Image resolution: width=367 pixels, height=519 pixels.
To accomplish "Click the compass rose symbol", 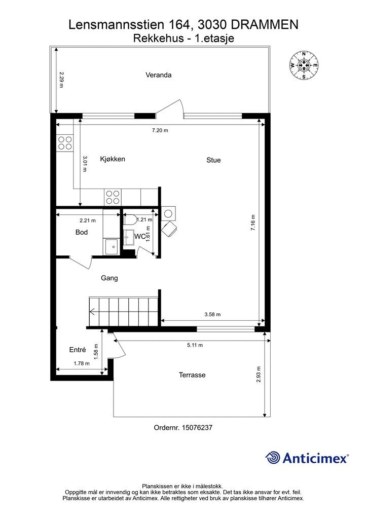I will pos(304,66).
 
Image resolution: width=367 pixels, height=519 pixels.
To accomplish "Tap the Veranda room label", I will pos(159,75).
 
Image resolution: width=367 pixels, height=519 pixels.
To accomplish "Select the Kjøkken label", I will pos(113,159).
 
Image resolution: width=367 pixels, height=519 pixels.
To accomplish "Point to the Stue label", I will pos(213,160).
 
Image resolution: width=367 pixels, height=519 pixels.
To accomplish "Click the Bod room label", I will pos(82,233).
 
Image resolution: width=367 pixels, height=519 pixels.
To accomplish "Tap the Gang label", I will pos(109,278).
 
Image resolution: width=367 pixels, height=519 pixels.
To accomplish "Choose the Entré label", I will pos(78,350).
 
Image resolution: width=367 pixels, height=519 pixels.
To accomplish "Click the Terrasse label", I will pos(192,375).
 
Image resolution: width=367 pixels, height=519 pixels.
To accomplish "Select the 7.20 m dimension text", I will pos(160,131).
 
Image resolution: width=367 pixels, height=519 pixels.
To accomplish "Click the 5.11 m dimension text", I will pos(194,345).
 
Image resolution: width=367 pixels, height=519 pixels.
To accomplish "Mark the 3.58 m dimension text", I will pos(212,314).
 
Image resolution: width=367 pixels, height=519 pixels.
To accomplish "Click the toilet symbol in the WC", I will pos(129,219).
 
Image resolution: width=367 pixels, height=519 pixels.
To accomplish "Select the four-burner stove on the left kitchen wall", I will pos(65,143).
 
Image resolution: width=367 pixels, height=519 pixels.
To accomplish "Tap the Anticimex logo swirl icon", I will pos(273,458).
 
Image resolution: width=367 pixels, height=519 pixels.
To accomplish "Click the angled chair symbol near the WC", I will pos(169,229).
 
